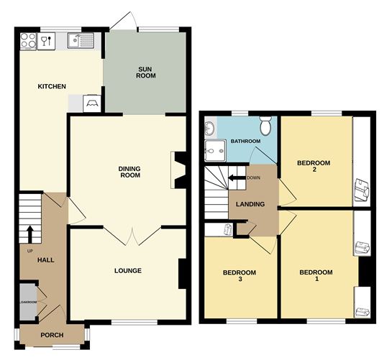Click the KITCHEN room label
point(52,87)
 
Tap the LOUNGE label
point(127,271)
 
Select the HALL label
point(46,259)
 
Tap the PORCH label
point(52,335)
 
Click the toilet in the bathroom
point(265,126)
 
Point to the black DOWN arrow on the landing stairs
point(235,177)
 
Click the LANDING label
point(250,205)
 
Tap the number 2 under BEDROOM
point(314,170)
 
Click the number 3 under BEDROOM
point(238,280)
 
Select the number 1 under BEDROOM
point(316,280)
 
